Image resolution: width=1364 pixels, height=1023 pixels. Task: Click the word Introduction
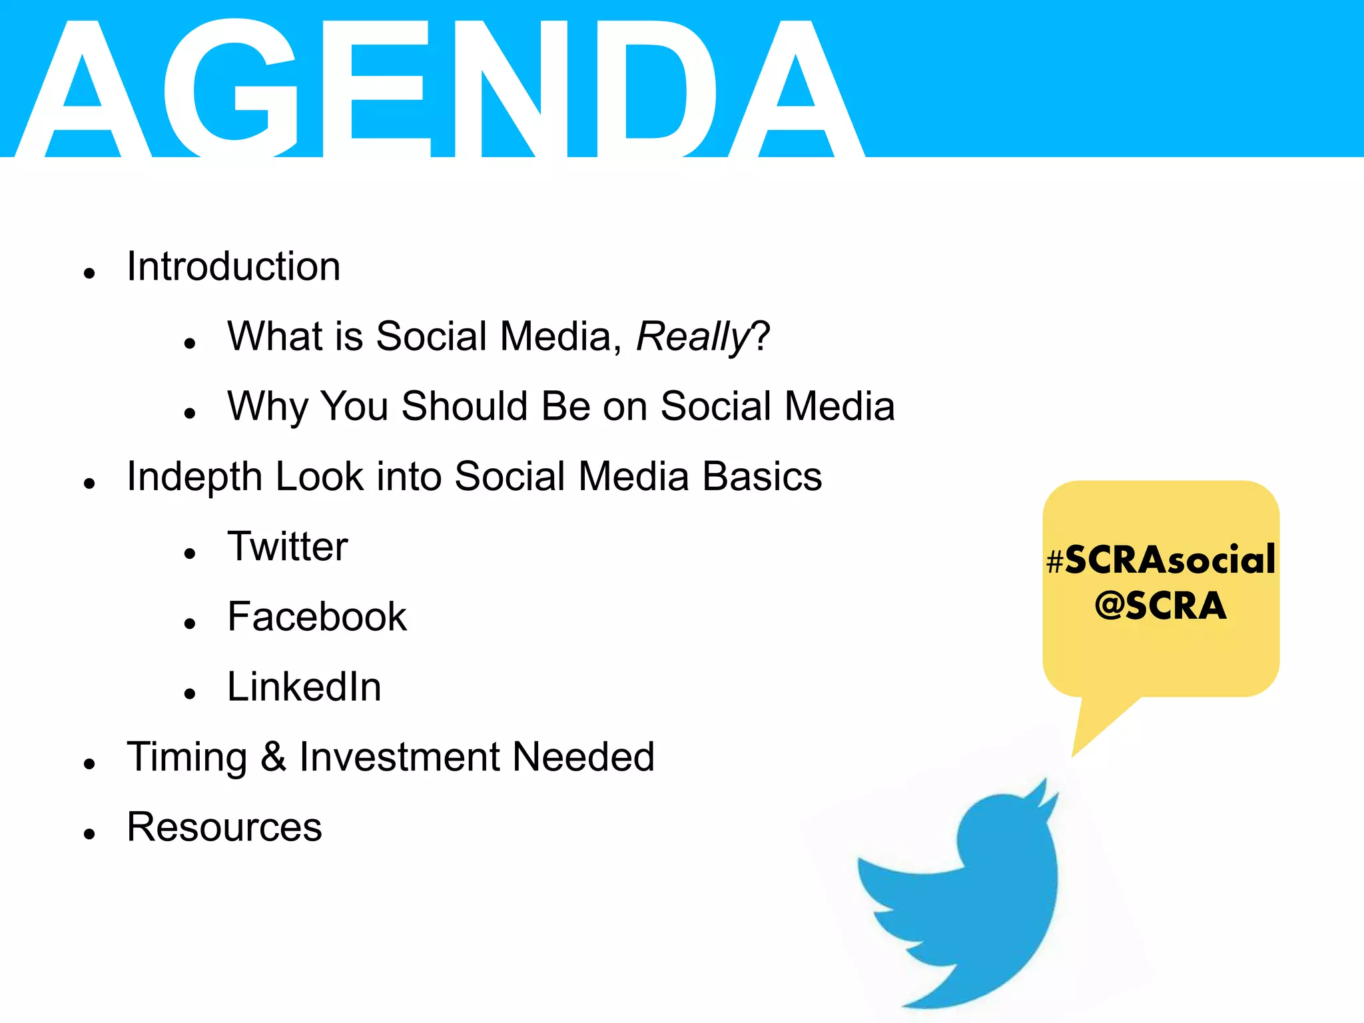pos(233,266)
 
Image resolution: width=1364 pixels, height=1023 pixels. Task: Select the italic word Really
pos(693,336)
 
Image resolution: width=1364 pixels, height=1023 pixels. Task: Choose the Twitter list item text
pos(287,547)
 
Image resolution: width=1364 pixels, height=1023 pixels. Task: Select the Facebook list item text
pos(316,617)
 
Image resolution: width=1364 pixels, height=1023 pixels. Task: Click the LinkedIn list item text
pos(304,687)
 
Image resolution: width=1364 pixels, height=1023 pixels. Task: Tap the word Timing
pos(187,757)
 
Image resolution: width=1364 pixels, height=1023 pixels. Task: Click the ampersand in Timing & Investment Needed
pos(273,757)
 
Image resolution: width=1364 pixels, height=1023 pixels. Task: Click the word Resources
pos(224,827)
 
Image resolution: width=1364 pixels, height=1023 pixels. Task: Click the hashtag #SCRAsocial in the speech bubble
pos(1160,559)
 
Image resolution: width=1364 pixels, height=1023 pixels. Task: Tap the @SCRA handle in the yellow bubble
pos(1160,605)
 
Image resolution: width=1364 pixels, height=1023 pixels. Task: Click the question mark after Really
pos(761,336)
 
